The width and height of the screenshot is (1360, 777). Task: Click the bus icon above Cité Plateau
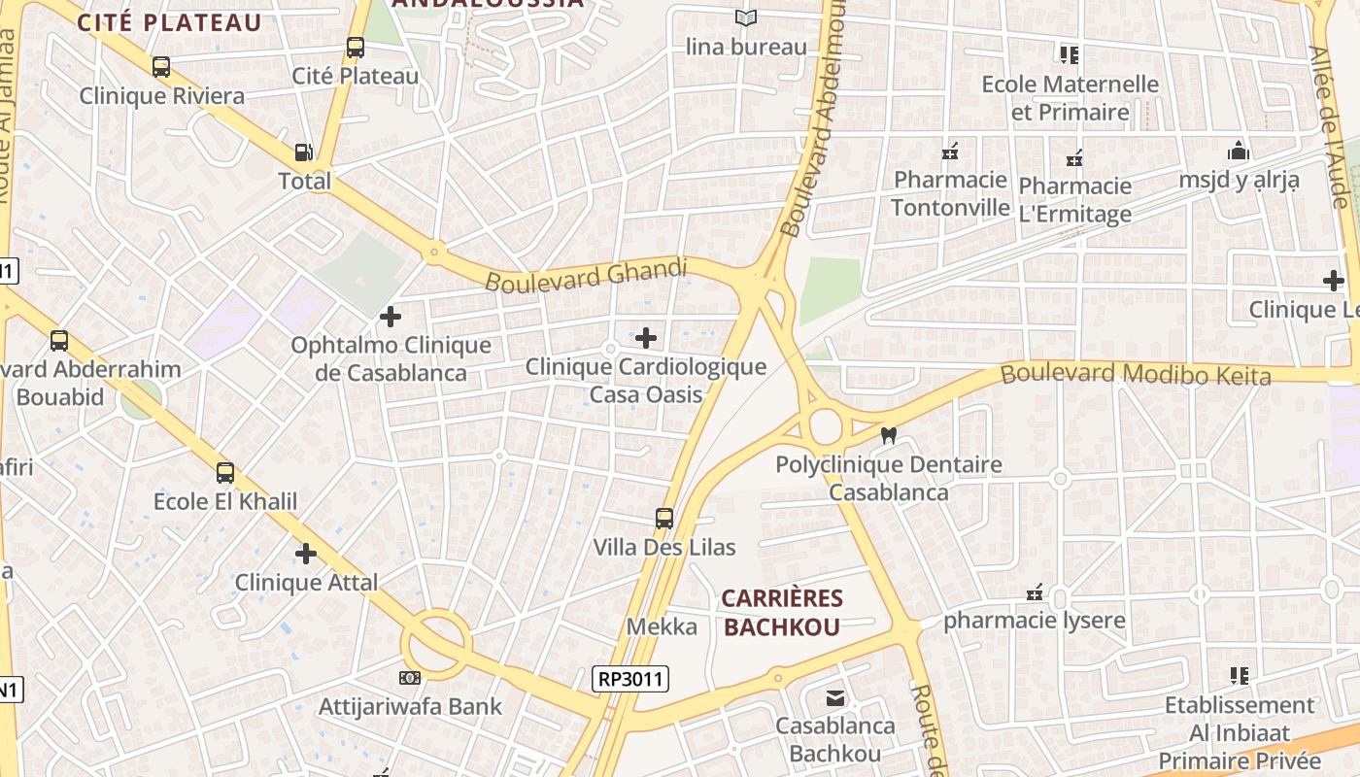355,47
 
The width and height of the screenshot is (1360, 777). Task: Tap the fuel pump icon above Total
304,152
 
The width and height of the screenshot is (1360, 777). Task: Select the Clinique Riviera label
161,96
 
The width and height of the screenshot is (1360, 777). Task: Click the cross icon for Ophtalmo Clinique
390,317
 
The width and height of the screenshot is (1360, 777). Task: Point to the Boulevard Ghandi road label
586,275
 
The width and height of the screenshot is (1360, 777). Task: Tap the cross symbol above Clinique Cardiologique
646,338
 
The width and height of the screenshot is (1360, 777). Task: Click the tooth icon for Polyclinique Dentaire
887,436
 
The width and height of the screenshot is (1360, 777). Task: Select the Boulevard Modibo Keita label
1136,374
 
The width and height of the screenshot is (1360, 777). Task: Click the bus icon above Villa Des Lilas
664,519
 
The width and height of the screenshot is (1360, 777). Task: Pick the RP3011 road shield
631,679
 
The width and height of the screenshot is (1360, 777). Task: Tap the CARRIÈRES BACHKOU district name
783,613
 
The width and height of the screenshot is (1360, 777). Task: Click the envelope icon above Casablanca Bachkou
834,697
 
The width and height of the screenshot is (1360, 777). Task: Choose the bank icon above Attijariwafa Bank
410,677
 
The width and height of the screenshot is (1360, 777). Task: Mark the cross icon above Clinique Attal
306,554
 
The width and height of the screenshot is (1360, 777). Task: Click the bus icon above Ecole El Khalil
225,473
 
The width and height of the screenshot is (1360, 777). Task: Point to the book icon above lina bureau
746,17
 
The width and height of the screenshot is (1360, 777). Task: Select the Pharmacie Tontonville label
950,193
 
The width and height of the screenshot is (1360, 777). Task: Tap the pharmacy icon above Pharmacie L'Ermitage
1074,157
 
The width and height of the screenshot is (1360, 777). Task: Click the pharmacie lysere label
1035,621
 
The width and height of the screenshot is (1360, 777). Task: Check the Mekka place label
662,626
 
